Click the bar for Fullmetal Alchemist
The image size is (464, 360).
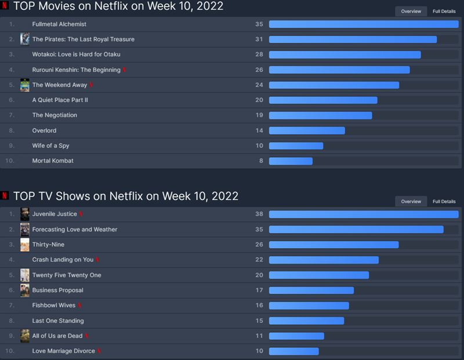click(x=364, y=24)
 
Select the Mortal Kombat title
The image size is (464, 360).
click(x=53, y=161)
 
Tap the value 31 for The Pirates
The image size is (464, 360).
click(x=259, y=39)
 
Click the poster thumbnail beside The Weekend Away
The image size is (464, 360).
click(x=25, y=85)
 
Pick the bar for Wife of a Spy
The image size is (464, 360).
click(x=296, y=146)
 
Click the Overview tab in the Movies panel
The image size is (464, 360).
click(x=411, y=11)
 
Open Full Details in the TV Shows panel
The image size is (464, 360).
click(x=444, y=201)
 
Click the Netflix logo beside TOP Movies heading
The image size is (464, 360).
click(x=5, y=6)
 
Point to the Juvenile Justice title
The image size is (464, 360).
click(x=55, y=214)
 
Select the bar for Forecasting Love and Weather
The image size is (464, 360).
click(x=356, y=230)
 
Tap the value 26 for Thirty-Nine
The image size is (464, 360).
click(x=259, y=245)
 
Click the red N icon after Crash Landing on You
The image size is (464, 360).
click(x=97, y=260)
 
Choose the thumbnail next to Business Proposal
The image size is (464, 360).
click(x=25, y=290)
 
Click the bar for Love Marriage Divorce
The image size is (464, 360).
click(x=293, y=351)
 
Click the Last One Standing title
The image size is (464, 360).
click(x=58, y=321)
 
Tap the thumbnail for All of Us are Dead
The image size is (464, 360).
click(x=25, y=336)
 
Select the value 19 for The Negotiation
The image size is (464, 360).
click(x=259, y=115)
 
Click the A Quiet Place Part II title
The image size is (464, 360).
click(x=60, y=100)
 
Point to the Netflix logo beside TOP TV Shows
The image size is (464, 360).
click(x=5, y=196)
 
